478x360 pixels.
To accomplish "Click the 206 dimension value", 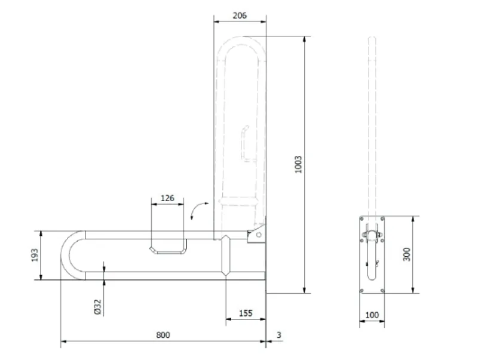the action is click(240, 16).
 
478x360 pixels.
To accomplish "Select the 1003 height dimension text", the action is click(298, 164).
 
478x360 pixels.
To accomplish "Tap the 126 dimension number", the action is click(167, 198).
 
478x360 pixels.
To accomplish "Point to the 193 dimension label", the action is click(35, 256).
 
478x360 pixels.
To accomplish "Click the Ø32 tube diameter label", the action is click(97, 307).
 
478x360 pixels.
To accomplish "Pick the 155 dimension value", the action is click(246, 313).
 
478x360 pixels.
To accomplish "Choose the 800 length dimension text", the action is click(163, 335).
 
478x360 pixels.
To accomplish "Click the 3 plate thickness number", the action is click(279, 335).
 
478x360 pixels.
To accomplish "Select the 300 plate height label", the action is click(406, 254).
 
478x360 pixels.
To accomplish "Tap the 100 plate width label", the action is click(372, 315).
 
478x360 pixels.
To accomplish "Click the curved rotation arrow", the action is click(198, 208).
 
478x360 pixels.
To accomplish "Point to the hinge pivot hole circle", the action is click(259, 235).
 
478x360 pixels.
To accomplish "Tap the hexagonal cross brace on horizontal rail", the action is click(226, 256).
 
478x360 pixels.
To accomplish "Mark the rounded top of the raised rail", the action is click(241, 41).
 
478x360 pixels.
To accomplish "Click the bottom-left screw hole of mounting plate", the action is click(362, 291).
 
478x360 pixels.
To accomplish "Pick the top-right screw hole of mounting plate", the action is click(382, 219).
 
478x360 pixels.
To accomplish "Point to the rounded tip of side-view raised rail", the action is click(372, 38).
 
